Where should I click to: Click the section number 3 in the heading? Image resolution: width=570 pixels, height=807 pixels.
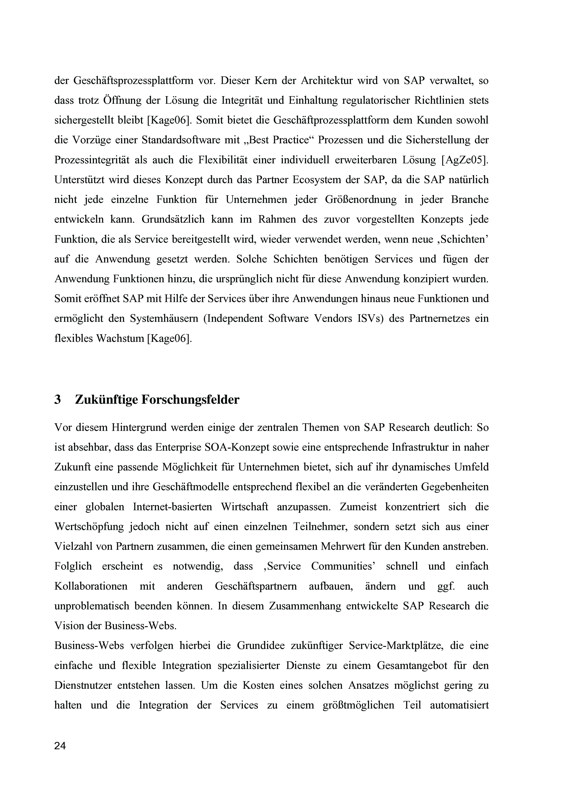[x=58, y=400]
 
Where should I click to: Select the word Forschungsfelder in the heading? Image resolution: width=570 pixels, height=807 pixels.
[x=190, y=400]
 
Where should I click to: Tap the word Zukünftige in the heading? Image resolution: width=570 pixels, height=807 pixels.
[x=106, y=400]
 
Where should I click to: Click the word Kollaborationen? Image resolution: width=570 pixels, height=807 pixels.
[x=91, y=586]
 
